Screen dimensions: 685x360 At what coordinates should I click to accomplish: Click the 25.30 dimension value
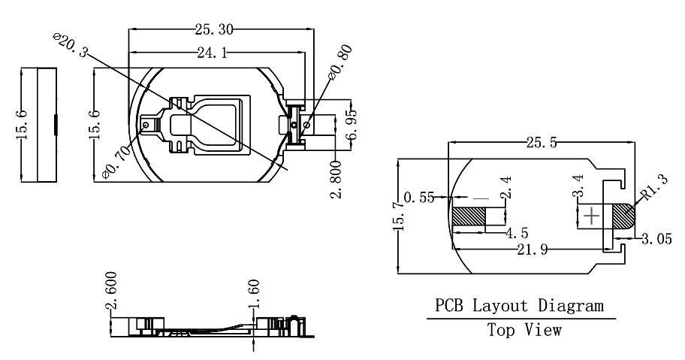coord(214,30)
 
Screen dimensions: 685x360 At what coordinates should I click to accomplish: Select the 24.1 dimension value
coord(213,53)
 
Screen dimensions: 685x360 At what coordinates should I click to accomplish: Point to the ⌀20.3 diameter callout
coord(70,44)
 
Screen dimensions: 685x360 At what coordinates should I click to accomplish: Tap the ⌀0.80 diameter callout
coord(340,62)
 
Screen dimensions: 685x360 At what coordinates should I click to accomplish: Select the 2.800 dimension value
coord(335,180)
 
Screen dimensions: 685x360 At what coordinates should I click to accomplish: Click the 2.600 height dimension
coord(112,291)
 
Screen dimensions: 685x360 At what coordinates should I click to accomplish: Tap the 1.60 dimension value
coord(254,294)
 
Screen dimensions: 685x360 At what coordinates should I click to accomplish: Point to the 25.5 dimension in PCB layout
coord(542,143)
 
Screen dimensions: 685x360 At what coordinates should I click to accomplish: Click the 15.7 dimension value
coord(400,216)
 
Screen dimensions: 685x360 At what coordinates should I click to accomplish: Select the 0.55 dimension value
coord(419,198)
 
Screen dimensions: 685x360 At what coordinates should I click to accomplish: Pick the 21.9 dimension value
coord(532,250)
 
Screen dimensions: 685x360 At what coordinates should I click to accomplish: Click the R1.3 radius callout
coord(655,187)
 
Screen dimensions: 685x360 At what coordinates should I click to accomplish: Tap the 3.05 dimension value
coord(656,239)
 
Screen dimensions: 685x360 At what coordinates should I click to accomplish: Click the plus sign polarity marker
coord(592,216)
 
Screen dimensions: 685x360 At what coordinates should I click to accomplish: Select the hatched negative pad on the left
coord(469,216)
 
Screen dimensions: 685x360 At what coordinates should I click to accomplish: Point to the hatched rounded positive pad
coord(623,216)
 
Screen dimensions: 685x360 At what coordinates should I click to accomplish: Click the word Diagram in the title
coord(571,305)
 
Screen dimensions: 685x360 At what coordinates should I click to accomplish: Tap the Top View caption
coord(524,330)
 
